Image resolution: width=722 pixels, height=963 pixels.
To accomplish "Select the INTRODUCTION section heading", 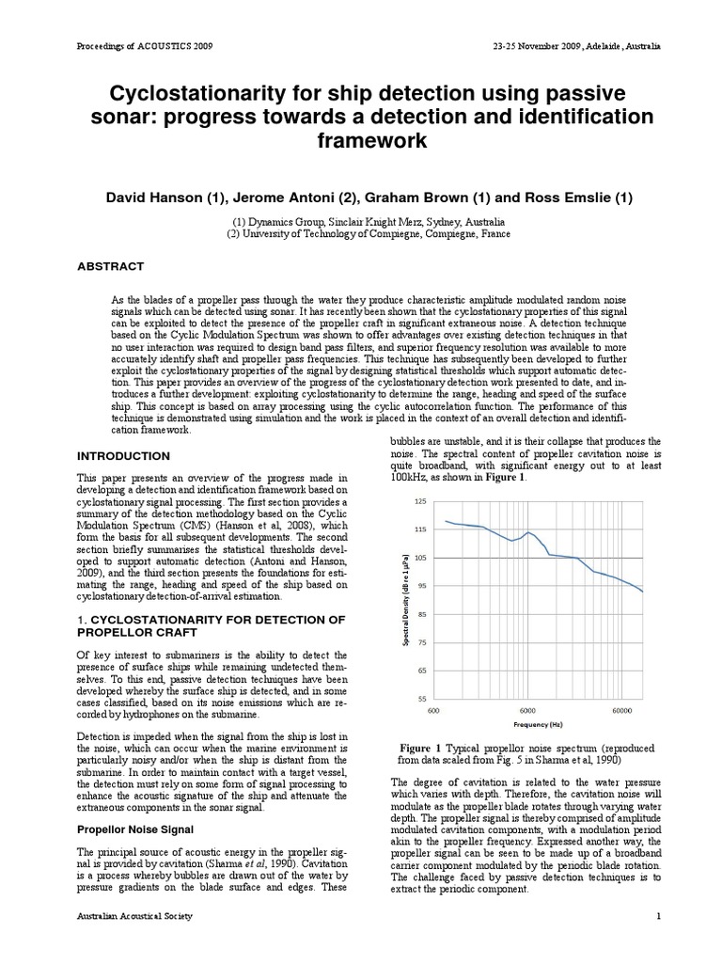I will [123, 456].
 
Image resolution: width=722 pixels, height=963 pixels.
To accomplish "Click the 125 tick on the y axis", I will [419, 502].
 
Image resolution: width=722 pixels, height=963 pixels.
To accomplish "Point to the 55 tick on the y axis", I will [421, 700].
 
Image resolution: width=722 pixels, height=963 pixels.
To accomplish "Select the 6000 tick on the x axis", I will [527, 712].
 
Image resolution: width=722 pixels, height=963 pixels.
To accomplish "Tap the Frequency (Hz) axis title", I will [537, 726].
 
